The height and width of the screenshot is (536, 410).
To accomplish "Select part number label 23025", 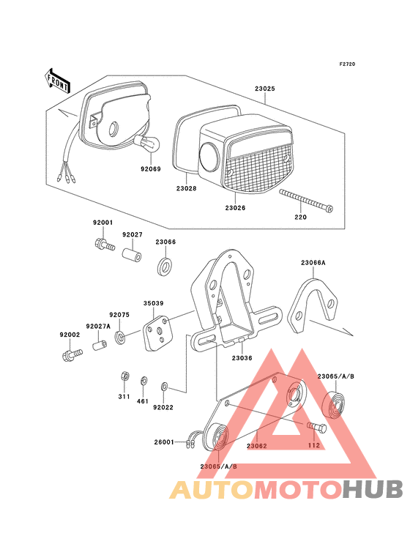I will point(264,89).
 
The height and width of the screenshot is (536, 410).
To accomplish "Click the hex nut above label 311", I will point(124,377).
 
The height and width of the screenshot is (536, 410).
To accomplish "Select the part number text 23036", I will point(242,358).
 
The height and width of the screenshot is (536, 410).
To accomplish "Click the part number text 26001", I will point(165,442).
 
